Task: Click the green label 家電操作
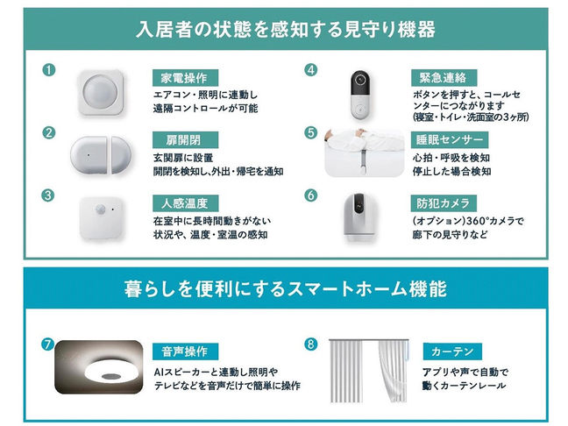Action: coord(184,76)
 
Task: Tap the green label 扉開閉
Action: coord(178,140)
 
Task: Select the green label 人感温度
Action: coord(184,202)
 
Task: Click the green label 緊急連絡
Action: coord(444,76)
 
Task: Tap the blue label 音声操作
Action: coord(184,351)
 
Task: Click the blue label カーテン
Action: coord(452,351)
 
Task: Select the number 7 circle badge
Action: coord(48,344)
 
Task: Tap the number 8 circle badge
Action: coord(309,344)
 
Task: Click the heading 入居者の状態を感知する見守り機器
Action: coord(285,28)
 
